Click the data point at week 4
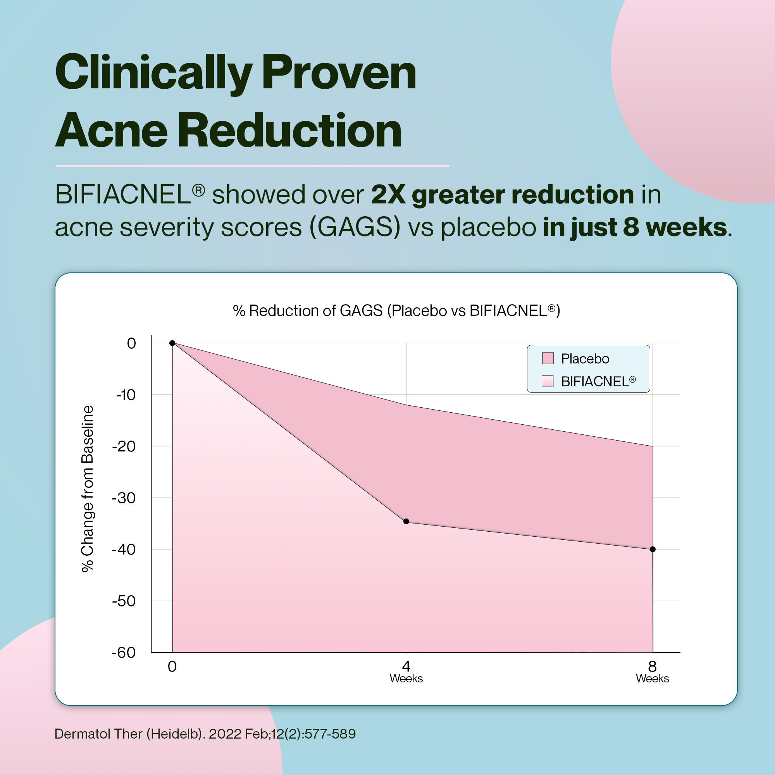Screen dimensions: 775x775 click(406, 522)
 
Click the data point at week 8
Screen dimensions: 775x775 click(653, 549)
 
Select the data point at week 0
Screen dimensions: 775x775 click(172, 343)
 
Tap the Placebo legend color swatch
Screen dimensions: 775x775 click(548, 358)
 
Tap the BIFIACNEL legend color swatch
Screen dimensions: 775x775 click(548, 381)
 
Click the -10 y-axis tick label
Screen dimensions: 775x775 click(126, 395)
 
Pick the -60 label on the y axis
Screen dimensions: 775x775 click(124, 653)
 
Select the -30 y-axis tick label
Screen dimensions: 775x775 click(124, 498)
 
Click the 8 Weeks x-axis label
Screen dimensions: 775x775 click(652, 672)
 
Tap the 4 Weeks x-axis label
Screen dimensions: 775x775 click(406, 672)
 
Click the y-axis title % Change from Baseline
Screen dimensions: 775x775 click(88, 489)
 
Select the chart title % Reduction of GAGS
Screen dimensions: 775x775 click(396, 310)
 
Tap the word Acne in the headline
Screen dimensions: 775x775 click(111, 130)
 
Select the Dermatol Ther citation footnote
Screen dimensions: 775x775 click(205, 734)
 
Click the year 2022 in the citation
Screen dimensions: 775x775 click(225, 734)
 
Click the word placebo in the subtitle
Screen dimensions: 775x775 click(488, 227)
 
